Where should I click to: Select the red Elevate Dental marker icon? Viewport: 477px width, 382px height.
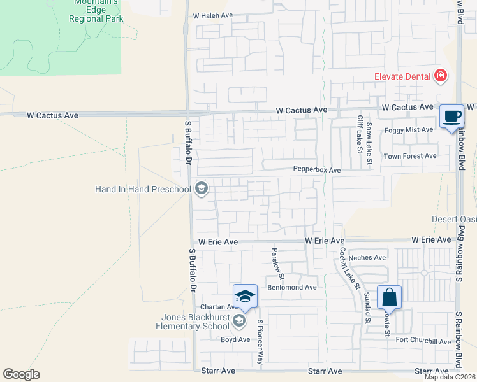coord(439,77)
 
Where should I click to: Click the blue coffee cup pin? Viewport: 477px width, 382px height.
coord(451,117)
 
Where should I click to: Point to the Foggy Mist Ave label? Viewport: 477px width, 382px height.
coord(409,130)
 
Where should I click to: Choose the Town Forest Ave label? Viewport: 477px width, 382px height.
coord(409,156)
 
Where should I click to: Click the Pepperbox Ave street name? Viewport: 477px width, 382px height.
coord(316,170)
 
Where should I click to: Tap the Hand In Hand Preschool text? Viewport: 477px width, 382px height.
coord(143,190)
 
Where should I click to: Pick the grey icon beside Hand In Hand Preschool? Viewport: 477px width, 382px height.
coord(202,188)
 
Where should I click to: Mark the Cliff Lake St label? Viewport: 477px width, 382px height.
coord(360,135)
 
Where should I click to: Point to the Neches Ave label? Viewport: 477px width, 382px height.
coord(372,258)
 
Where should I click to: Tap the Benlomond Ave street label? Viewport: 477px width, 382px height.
coord(292,287)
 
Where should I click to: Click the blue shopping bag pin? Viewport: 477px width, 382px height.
coord(389,297)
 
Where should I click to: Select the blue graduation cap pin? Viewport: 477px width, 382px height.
coord(245,296)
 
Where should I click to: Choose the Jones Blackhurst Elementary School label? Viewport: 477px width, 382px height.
coord(193,322)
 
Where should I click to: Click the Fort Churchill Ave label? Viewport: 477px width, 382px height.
coord(423,342)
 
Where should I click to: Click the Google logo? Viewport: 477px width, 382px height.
coord(21,374)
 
